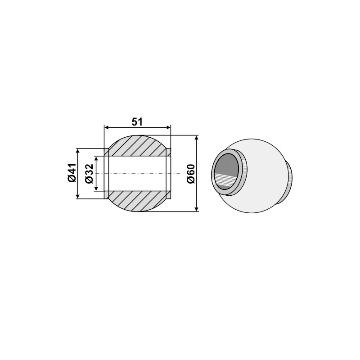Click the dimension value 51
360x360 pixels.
coord(138,121)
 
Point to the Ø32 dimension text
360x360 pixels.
coord(88,173)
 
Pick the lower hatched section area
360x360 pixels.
coord(137,201)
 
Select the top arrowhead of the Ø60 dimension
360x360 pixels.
coord(197,138)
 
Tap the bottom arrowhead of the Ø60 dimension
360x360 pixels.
coord(197,208)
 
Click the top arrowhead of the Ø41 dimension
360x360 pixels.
coord(78,151)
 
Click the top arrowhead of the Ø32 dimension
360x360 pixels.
coord(95,158)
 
